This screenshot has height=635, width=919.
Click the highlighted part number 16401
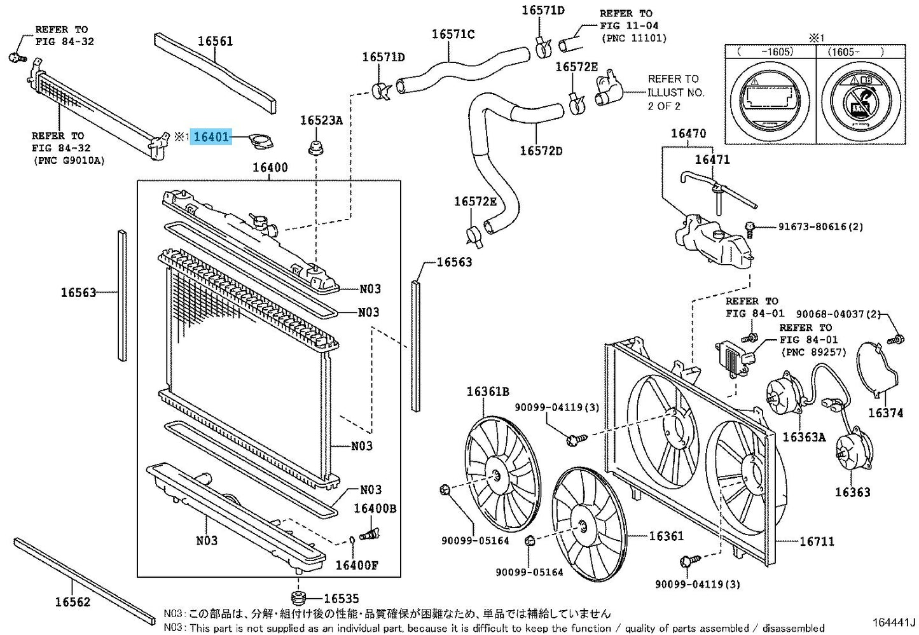pyautogui.click(x=211, y=137)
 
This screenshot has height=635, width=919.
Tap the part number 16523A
pyautogui.click(x=321, y=120)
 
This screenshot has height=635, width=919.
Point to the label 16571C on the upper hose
pyautogui.click(x=453, y=34)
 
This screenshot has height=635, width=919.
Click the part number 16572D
pyautogui.click(x=541, y=151)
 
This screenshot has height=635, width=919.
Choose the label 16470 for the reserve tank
pyautogui.click(x=688, y=134)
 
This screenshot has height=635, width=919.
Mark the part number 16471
pyautogui.click(x=712, y=160)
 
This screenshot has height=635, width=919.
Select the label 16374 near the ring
pyautogui.click(x=886, y=413)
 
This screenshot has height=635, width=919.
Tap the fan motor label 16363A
pyautogui.click(x=804, y=437)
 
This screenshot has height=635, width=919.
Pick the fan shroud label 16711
pyautogui.click(x=817, y=541)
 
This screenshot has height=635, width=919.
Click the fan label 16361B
pyautogui.click(x=488, y=392)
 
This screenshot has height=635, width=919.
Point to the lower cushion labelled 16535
pyautogui.click(x=341, y=599)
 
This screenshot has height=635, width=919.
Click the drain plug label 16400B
pyautogui.click(x=375, y=508)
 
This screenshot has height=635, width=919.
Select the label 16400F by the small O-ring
pyautogui.click(x=356, y=566)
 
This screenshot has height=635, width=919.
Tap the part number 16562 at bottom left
pyautogui.click(x=73, y=602)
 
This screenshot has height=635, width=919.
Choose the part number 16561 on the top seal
pyautogui.click(x=215, y=41)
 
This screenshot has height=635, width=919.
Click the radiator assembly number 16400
pyautogui.click(x=270, y=168)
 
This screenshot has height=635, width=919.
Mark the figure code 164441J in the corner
pyautogui.click(x=893, y=622)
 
